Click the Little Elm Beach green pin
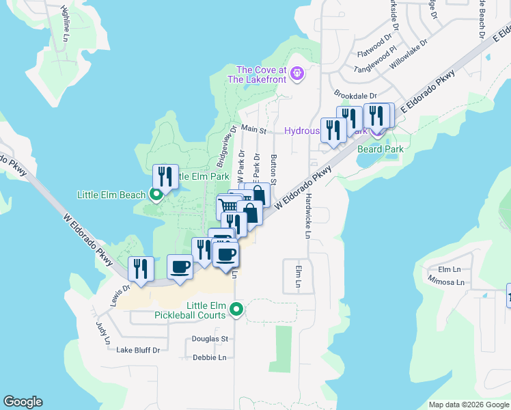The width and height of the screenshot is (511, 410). pos(156,195)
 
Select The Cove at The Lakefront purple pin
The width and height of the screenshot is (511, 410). pos(296,73)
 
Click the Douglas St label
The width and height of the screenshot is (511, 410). pos(210,339)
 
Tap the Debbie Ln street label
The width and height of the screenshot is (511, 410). pos(210,357)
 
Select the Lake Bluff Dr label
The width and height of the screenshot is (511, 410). pos(137,350)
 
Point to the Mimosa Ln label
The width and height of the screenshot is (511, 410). pos(446,282)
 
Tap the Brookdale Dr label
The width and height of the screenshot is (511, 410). pos(355,95)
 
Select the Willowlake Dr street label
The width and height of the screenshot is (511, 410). pos(408,53)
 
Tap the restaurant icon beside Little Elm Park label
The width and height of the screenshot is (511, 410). pos(165,177)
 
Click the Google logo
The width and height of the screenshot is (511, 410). pos(23,402)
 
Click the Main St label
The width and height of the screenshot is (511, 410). pos(253,128)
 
